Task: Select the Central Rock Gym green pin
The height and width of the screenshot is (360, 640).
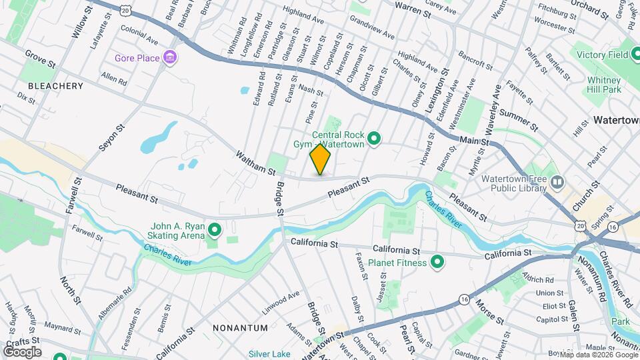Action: [375, 139]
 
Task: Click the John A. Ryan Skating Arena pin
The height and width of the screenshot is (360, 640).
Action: [215, 231]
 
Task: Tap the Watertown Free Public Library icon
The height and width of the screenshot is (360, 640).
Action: [558, 181]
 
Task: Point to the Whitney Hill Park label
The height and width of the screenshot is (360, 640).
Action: [605, 85]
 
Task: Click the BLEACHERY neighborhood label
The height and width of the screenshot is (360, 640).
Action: [56, 86]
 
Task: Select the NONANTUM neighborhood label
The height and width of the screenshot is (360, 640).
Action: [240, 328]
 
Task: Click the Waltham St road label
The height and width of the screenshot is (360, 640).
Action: [255, 163]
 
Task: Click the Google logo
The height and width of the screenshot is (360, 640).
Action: [21, 351]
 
